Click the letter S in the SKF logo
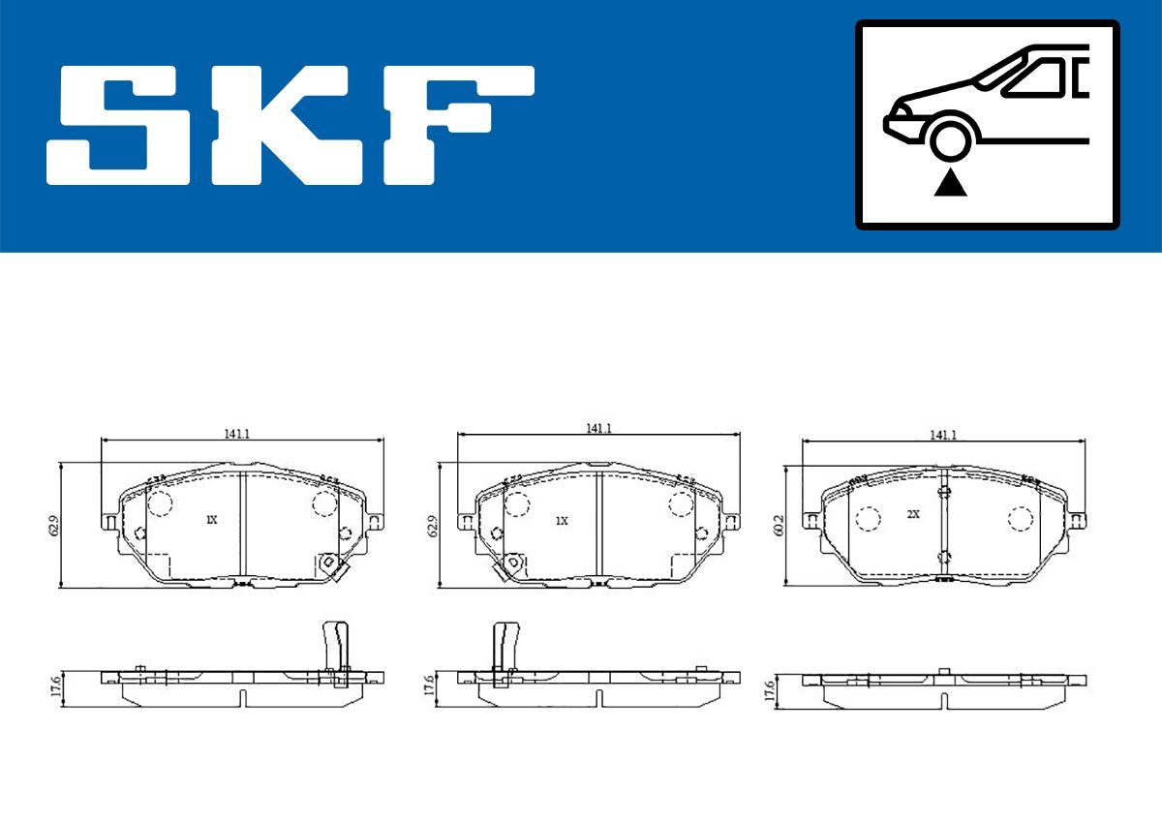[118, 125]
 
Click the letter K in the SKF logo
[287, 125]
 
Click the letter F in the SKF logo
[459, 125]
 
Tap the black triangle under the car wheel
[950, 182]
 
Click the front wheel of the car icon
[950, 140]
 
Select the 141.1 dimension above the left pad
[237, 434]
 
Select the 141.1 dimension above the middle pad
[599, 428]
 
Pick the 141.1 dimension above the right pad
[943, 435]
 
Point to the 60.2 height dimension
[779, 526]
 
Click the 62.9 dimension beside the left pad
[54, 526]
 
